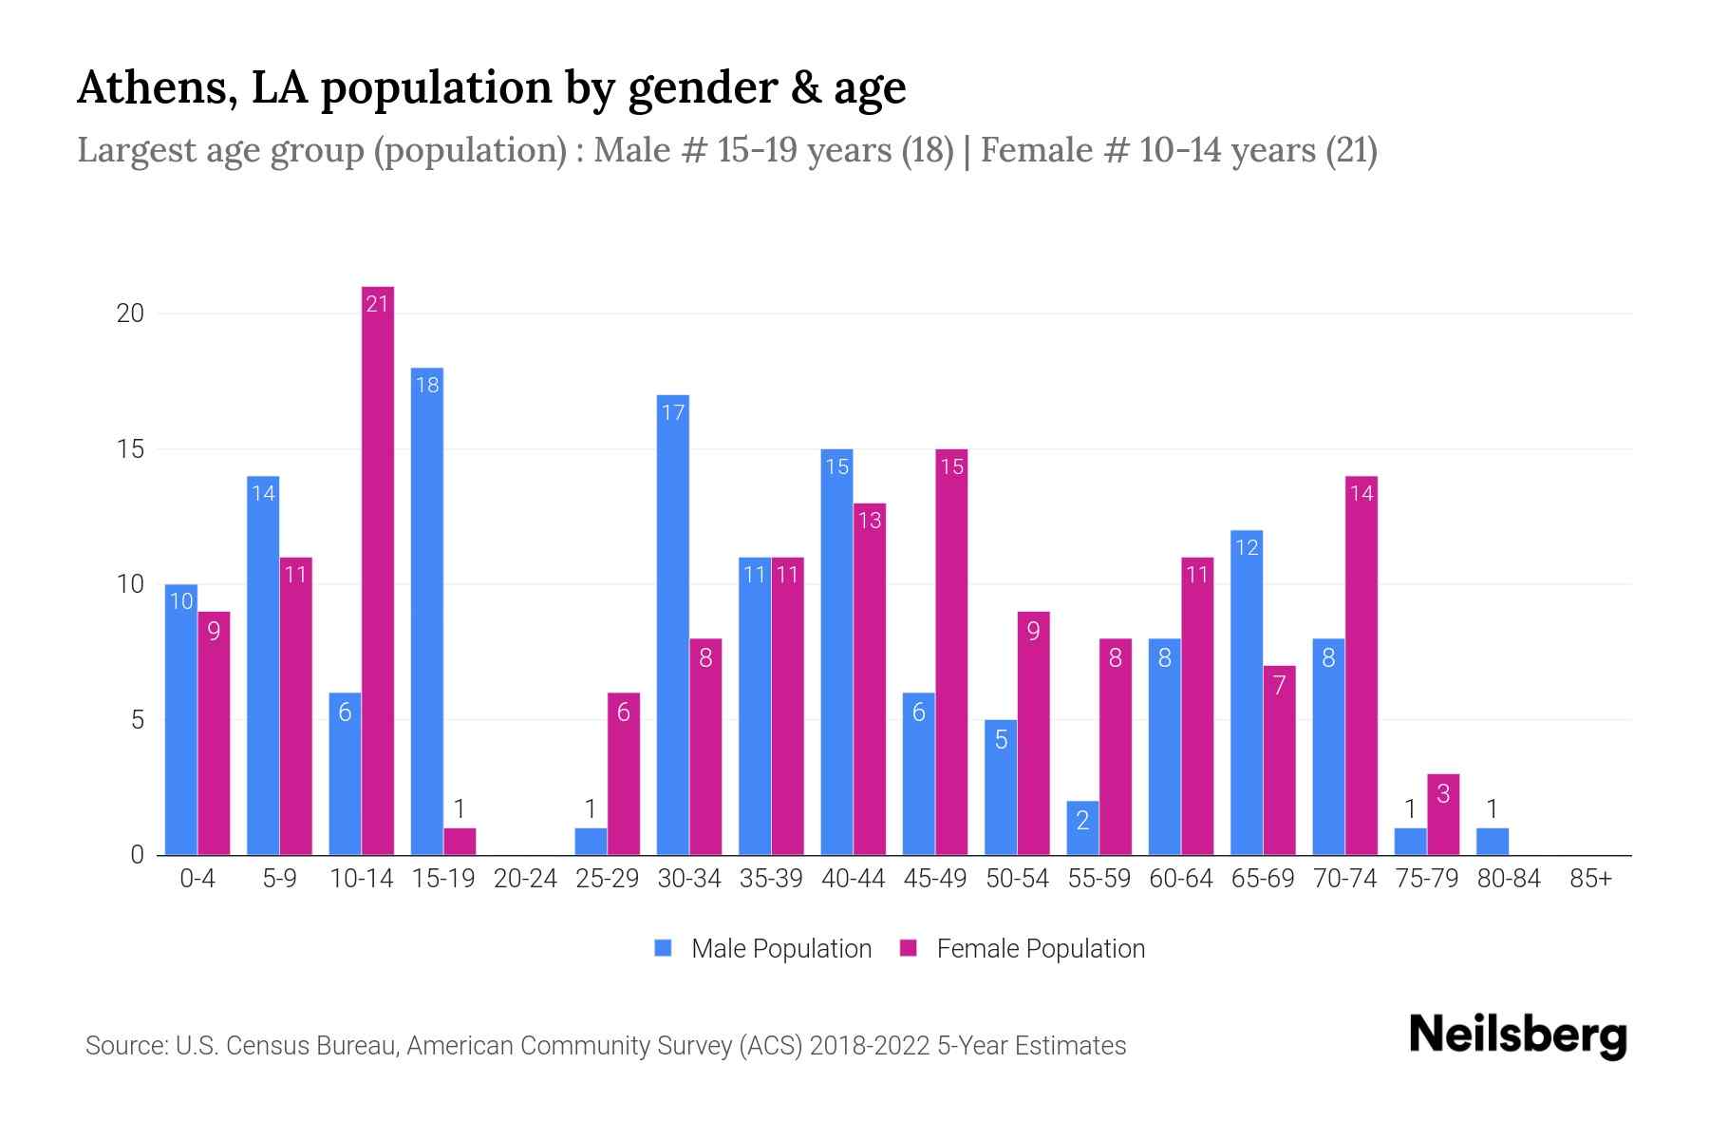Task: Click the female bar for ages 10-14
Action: coord(378,570)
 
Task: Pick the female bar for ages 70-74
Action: coord(1362,665)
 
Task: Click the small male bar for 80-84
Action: coord(1493,842)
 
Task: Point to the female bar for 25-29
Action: coord(624,773)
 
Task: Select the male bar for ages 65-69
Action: coord(1247,693)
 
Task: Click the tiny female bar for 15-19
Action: coord(460,842)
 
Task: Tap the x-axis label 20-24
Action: coord(525,879)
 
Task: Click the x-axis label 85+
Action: coord(1590,879)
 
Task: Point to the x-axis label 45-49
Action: coord(935,879)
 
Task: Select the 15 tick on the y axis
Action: coord(130,449)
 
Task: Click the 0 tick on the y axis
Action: coord(138,855)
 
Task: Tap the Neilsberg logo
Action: coord(1517,1035)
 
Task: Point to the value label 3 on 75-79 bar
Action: coord(1443,794)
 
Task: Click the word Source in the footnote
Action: coord(123,1046)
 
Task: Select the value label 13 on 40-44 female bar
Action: coord(870,520)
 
